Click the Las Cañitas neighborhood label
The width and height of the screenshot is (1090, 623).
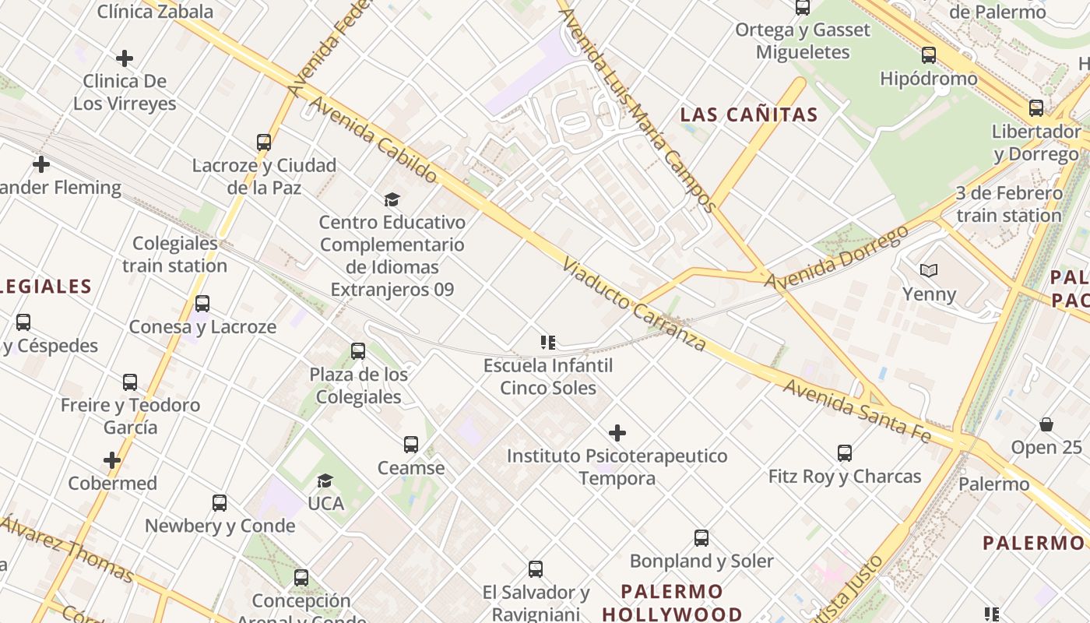tap(749, 115)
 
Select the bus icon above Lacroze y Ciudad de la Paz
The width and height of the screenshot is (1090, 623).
tap(264, 143)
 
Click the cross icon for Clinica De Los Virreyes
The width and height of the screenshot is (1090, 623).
tap(124, 58)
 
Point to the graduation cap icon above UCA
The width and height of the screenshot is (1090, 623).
tap(325, 481)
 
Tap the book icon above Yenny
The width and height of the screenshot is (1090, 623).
tap(928, 271)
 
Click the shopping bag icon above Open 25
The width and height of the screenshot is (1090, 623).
tap(1046, 424)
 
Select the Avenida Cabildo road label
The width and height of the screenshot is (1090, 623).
tap(374, 139)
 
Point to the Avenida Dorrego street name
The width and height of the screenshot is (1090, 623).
tap(836, 258)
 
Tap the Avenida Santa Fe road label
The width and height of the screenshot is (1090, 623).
tap(857, 411)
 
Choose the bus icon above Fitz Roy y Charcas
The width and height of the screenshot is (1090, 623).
tap(845, 452)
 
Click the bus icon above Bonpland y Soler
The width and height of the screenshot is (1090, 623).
tap(701, 537)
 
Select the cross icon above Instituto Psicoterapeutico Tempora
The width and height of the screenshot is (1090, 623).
tap(617, 432)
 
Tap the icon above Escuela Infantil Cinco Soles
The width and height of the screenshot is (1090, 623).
tap(548, 343)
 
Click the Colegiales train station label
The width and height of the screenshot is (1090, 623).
tap(174, 255)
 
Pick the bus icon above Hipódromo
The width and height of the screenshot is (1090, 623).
tap(928, 55)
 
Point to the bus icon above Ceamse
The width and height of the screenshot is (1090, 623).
tap(411, 445)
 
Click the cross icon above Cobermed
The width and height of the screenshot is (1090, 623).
tap(112, 460)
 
